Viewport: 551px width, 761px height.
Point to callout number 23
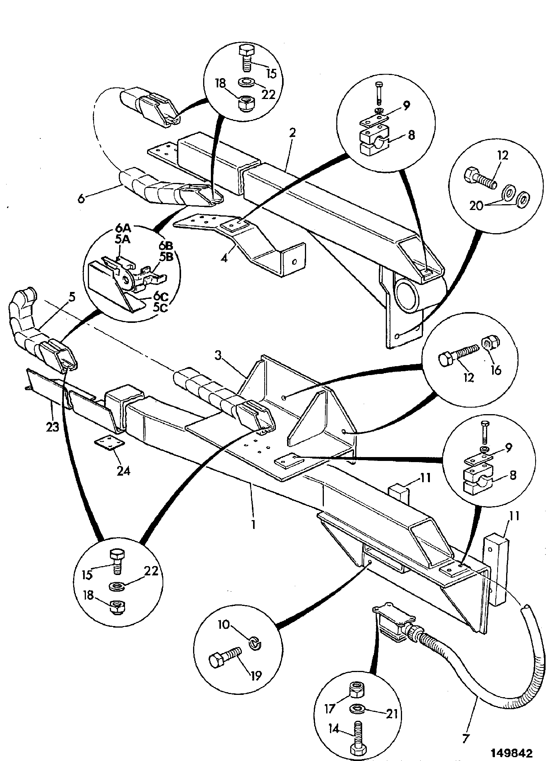click(53, 427)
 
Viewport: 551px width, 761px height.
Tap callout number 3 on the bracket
click(219, 356)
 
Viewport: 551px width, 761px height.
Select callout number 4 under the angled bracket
click(224, 257)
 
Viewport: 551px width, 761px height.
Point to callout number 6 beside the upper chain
click(81, 198)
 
